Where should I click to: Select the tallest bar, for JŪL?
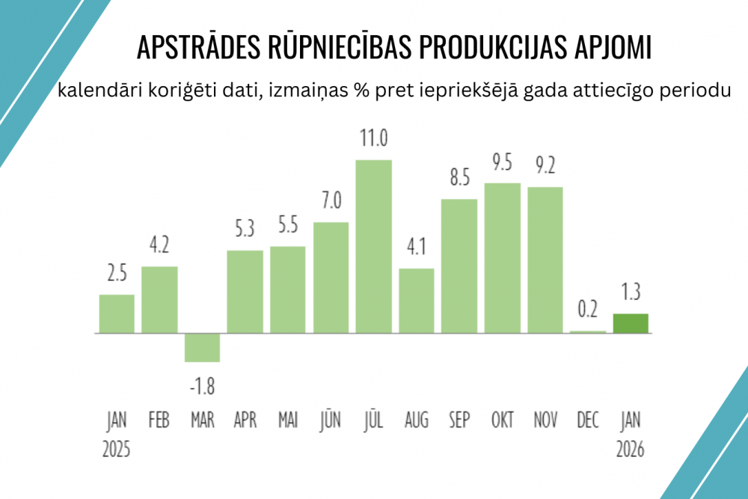373,246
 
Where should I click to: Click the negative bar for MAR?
202,347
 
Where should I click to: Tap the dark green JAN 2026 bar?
631,323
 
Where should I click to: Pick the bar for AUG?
417,300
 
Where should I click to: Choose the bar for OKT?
503,257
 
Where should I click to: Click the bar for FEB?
159,299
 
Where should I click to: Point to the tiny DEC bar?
588,331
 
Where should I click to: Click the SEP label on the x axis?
459,420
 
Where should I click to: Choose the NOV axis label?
545,420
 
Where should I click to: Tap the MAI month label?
287,420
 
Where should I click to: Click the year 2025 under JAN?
116,450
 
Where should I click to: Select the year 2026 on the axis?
631,450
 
